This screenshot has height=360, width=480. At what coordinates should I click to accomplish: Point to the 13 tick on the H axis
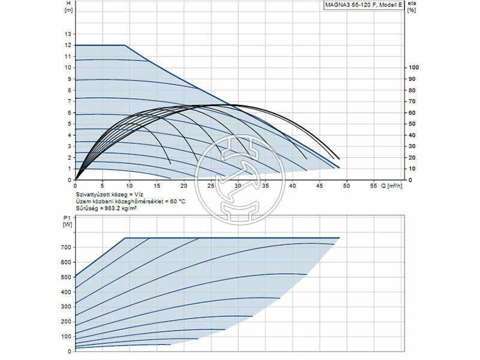pyautogui.click(x=68, y=34)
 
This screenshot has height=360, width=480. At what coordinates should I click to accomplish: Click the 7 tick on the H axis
pyautogui.click(x=68, y=101)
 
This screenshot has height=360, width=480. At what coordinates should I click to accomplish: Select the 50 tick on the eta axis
pyautogui.click(x=412, y=124)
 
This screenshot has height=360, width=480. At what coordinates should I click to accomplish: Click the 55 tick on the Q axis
pyautogui.click(x=373, y=186)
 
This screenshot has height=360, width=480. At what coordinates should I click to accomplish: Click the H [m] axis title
pyautogui.click(x=68, y=7)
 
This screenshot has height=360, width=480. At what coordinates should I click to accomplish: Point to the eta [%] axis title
pyautogui.click(x=411, y=7)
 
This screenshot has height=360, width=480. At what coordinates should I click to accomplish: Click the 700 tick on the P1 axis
pyautogui.click(x=65, y=247)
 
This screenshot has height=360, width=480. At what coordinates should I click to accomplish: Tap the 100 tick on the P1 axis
pyautogui.click(x=65, y=336)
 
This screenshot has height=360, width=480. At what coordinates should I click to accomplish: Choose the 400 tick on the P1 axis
pyautogui.click(x=65, y=292)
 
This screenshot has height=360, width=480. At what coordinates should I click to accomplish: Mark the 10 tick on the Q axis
pyautogui.click(x=130, y=186)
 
